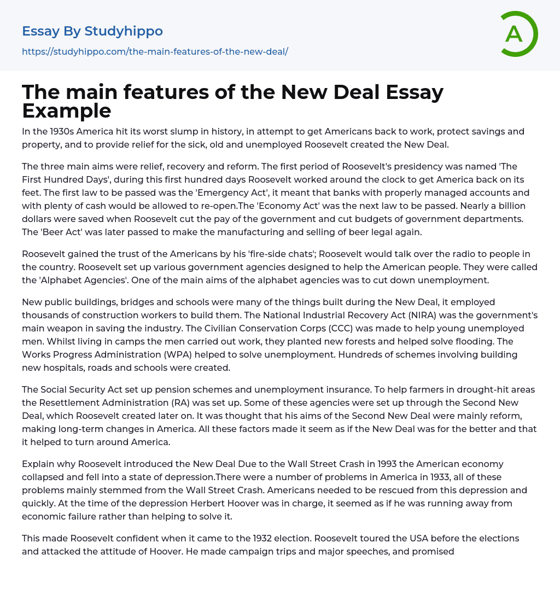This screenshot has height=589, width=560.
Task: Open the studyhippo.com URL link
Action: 155,52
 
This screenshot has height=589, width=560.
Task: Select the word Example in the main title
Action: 67,111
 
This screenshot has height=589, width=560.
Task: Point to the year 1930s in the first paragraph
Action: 68,132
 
